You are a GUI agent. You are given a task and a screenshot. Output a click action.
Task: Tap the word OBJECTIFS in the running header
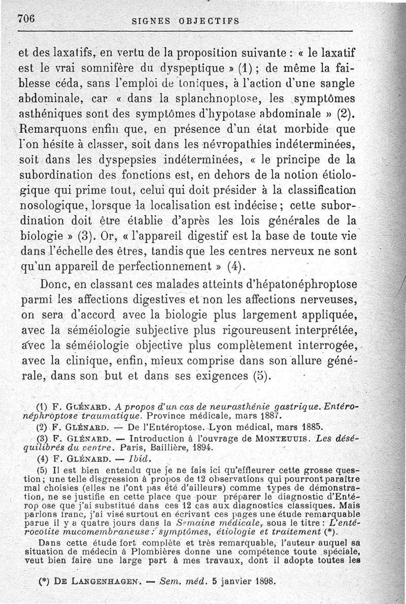209,21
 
